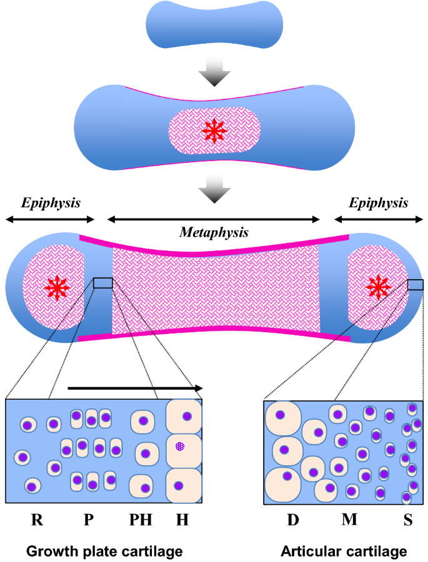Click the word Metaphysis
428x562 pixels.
click(214, 233)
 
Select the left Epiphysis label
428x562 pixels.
click(51, 203)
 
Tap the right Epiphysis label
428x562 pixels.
click(379, 203)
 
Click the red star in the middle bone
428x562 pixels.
click(214, 130)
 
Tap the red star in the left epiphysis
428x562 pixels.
click(57, 287)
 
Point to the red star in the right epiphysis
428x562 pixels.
click(377, 286)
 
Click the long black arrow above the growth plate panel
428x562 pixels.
click(135, 388)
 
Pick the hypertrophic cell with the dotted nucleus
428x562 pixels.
click(181, 446)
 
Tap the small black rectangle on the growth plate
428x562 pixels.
click(103, 283)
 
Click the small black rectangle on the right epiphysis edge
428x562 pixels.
click(414, 285)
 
